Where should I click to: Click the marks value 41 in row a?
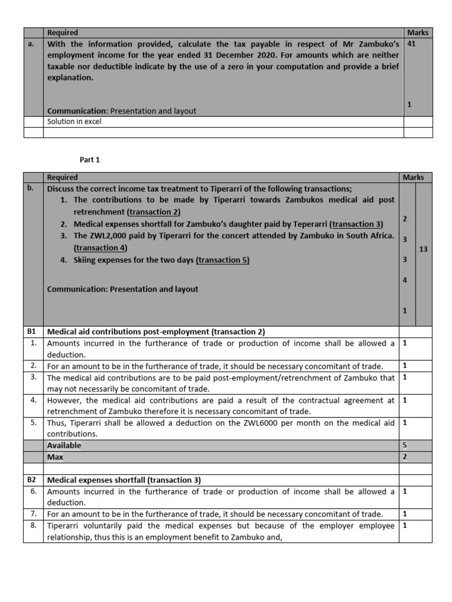pos(411,44)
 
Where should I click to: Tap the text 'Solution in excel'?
pos(74,122)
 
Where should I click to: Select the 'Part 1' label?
pos(90,159)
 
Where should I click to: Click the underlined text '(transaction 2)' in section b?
pos(153,212)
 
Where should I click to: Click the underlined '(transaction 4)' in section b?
pos(101,248)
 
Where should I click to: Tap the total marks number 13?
pos(424,249)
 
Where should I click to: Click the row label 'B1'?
pos(32,332)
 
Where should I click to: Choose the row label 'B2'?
pos(32,480)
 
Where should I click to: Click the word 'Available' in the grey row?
pos(64,446)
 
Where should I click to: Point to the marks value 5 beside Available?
pos(405,446)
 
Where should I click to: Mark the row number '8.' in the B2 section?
pos(33,526)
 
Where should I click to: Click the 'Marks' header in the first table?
pos(418,32)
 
